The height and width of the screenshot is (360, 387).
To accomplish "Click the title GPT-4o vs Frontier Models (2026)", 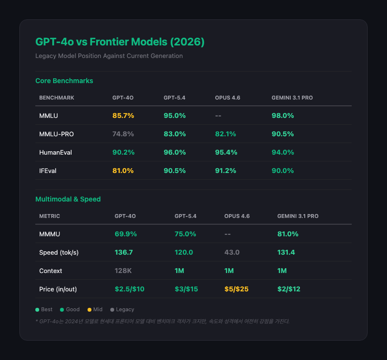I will coord(120,42).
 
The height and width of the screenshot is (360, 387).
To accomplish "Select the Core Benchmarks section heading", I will coord(64,80).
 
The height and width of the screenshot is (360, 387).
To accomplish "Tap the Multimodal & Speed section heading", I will coord(68,199).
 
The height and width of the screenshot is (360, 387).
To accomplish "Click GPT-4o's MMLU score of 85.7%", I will coord(123,115).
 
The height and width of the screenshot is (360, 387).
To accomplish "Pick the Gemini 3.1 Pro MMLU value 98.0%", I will coord(283,115).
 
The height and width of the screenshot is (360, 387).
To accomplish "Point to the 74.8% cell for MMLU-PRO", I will coord(123,134).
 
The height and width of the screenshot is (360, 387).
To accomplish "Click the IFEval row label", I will coord(48,171).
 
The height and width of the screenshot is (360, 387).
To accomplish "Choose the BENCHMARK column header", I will coord(57,98).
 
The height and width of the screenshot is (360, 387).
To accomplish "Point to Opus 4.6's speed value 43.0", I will coord(232,252).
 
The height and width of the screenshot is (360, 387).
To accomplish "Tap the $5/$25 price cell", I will coord(237,289).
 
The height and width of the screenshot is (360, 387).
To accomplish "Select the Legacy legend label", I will coord(125,309).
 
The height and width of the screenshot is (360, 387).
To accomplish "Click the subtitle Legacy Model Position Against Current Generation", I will coord(109,56).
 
